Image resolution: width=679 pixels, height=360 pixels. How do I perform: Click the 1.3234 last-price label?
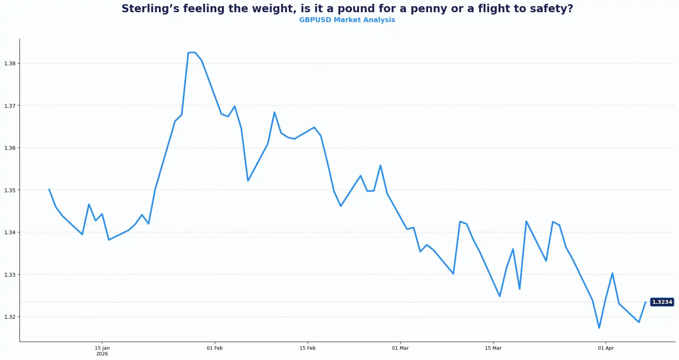(x=662, y=302)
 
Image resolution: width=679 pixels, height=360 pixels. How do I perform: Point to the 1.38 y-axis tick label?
(x=10, y=63)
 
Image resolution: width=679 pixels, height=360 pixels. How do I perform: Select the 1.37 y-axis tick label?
(x=10, y=106)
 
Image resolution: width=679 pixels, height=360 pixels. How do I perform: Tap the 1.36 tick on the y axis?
(x=10, y=148)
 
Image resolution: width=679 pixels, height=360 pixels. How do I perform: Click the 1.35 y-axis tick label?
(x=10, y=190)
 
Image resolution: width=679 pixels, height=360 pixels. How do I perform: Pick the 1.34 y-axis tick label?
(x=10, y=232)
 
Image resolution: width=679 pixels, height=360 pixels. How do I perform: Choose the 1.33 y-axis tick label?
(x=10, y=275)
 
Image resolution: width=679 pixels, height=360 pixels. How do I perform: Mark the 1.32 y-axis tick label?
(x=10, y=317)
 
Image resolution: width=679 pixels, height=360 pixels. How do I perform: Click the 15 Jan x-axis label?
(x=102, y=348)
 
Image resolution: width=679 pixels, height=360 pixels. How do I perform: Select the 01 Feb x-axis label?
(x=215, y=348)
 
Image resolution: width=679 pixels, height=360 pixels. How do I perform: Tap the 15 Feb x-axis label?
(x=308, y=348)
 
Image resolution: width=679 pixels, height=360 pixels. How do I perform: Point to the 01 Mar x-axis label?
(x=400, y=348)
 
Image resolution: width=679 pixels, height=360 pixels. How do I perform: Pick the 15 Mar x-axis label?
(x=493, y=348)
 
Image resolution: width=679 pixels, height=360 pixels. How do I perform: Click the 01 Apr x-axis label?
(x=606, y=348)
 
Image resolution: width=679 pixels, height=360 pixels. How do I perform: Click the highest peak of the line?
(x=194, y=52)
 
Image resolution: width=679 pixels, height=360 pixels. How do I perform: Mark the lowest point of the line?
(x=599, y=328)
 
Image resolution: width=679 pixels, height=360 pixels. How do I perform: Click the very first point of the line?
(x=49, y=189)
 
